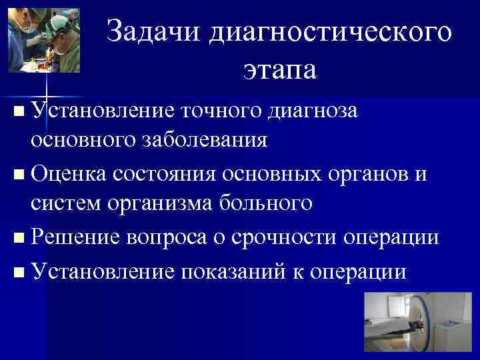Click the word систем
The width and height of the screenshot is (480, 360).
point(66,204)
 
